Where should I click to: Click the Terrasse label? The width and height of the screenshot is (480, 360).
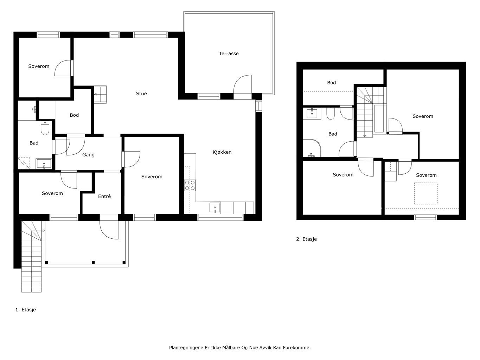tap(229, 53)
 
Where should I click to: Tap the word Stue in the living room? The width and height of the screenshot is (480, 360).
tap(141, 94)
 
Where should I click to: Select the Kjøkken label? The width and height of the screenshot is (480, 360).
tap(222, 152)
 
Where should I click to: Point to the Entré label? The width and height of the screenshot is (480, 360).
tap(104, 196)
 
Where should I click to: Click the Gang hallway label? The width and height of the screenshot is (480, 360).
tap(88, 155)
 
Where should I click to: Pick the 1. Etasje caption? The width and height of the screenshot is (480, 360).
tap(26, 309)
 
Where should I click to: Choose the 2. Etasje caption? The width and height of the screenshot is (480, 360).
tap(306, 239)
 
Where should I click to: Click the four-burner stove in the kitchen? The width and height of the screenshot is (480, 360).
tap(190, 185)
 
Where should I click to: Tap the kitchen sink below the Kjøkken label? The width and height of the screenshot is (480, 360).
tap(215, 207)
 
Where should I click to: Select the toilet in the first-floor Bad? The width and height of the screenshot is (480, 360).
tap(45, 128)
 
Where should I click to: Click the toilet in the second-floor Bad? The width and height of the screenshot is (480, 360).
tap(331, 113)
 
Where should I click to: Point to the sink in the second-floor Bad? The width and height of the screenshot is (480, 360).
tap(312, 114)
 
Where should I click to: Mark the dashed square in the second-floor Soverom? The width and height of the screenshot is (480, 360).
tap(426, 193)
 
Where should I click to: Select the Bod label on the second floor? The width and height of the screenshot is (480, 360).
tap(331, 83)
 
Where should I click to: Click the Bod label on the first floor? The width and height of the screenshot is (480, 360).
tap(74, 115)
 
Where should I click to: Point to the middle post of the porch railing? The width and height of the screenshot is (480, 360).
tap(93, 262)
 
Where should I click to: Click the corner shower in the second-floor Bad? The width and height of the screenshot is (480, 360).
tap(312, 148)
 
